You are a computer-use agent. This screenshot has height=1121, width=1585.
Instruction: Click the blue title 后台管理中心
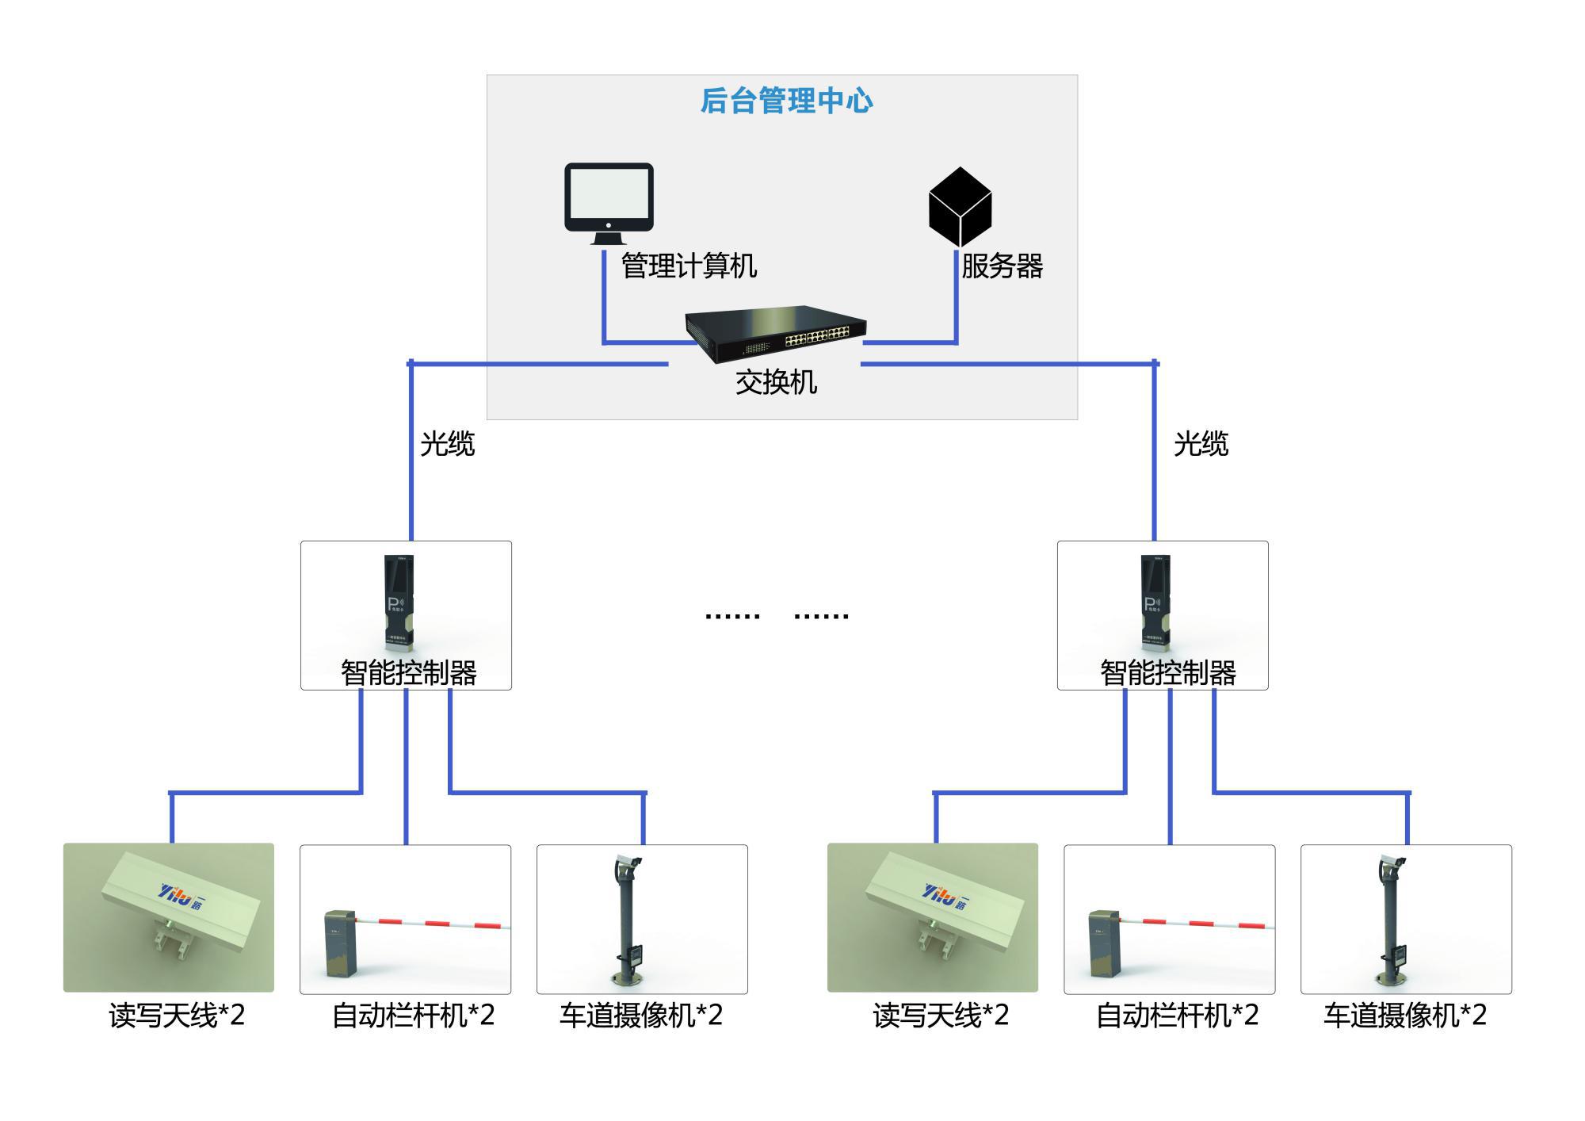point(786,101)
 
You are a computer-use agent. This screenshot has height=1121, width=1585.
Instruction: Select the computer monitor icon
point(609,202)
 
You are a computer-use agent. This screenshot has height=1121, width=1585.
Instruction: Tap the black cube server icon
point(960,206)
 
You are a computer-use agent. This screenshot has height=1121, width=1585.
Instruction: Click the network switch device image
point(776,333)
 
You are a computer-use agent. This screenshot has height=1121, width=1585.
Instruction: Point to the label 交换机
point(776,383)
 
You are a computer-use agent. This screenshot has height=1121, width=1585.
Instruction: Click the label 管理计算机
point(689,266)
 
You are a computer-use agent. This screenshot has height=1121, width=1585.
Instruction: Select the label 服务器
point(1002,266)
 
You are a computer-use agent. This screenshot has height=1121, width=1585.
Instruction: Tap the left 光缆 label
point(447,444)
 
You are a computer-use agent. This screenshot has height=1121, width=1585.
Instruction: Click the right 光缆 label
point(1201,444)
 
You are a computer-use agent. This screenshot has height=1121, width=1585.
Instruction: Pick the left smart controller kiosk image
point(399,603)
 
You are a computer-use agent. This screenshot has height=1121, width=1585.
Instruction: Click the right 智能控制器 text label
point(1167,673)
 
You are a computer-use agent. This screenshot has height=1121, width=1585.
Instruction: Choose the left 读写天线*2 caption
point(177,1016)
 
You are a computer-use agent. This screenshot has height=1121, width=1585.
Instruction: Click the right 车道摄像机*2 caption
point(1404,1016)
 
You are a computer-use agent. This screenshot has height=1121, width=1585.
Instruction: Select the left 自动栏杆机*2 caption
point(413,1016)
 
